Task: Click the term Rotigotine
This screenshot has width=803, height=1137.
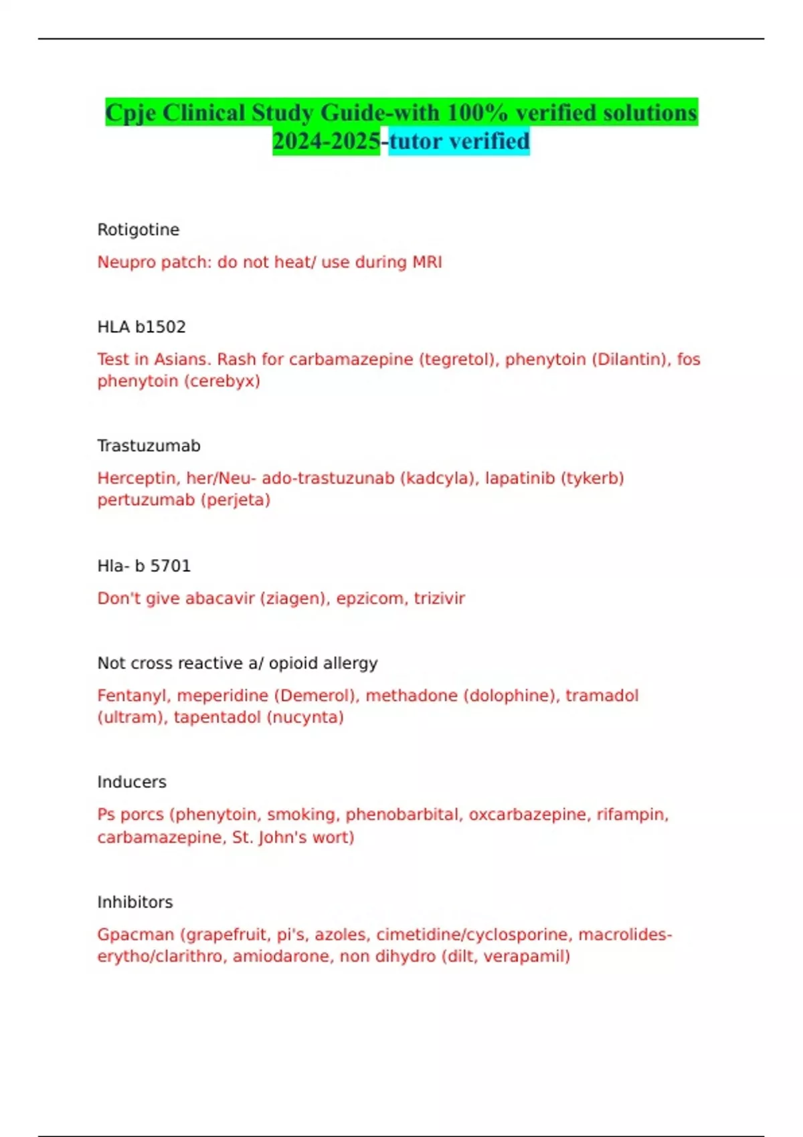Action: pos(139,230)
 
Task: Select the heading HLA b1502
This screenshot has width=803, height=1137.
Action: pos(141,327)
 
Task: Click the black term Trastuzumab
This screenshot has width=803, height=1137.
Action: pos(149,446)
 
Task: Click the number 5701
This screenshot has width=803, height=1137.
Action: pos(170,566)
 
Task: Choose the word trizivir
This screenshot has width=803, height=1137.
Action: pos(439,599)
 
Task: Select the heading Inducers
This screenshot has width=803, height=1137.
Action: pos(132,783)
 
